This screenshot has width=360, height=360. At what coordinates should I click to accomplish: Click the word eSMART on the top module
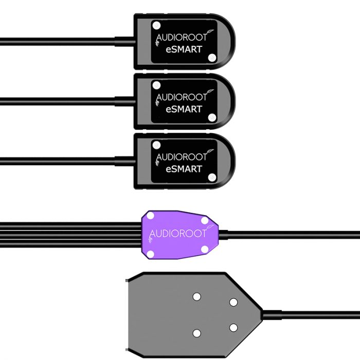tap(184, 49)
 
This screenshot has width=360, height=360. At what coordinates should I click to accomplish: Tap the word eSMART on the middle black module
tap(184, 109)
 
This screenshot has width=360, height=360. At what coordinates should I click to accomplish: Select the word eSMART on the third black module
tap(184, 169)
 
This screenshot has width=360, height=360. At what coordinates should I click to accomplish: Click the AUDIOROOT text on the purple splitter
tap(177, 234)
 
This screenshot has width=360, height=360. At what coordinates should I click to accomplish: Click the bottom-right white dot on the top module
tap(212, 58)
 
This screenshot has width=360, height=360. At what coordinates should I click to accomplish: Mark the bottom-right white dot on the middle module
tap(212, 118)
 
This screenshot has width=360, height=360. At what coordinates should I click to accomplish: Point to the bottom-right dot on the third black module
tap(212, 177)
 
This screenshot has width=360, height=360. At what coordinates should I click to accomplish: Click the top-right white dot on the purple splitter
tap(205, 221)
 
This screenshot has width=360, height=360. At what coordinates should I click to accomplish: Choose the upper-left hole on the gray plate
tap(196, 296)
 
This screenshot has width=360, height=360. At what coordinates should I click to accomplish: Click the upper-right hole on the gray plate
tap(233, 302)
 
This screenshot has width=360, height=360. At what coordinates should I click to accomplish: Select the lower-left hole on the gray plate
tap(196, 333)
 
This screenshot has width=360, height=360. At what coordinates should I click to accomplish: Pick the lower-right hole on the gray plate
tap(233, 328)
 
